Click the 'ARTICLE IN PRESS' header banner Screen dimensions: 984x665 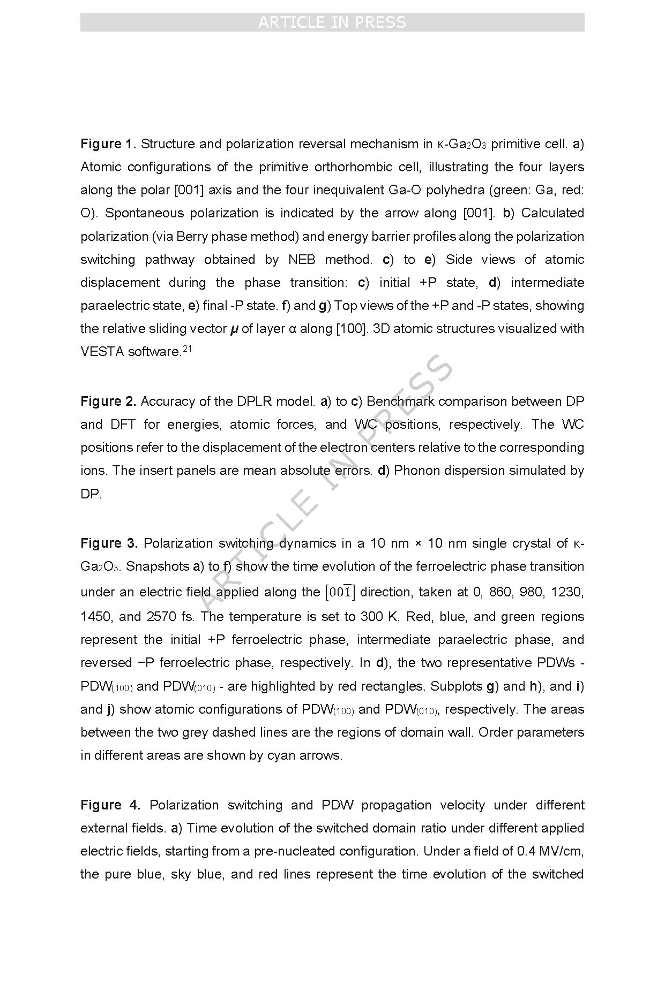tap(332, 22)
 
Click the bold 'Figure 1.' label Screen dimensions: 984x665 tap(108, 144)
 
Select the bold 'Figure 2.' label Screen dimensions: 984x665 tap(108, 402)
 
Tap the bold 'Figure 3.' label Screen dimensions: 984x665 tap(109, 543)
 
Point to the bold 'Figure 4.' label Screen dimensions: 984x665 tap(110, 805)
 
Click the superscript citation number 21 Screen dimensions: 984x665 tap(187, 349)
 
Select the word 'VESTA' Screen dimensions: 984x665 tap(102, 352)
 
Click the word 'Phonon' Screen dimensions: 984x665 tap(416, 471)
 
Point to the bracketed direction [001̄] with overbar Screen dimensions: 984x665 tap(340, 592)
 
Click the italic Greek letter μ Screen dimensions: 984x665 tap(234, 329)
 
